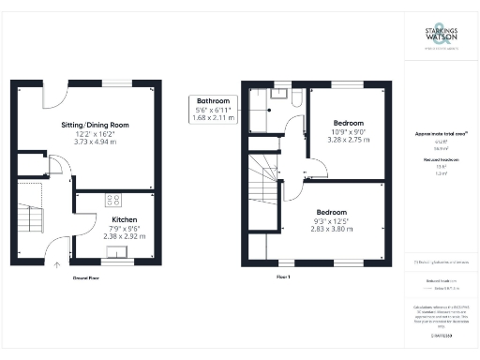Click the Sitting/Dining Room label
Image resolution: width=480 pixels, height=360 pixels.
[x=89, y=125]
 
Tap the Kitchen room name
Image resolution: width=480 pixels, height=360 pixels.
[x=112, y=217]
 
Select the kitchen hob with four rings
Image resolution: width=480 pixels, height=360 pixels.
[x=114, y=199]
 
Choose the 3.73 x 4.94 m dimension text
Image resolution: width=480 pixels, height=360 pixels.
[x=89, y=141]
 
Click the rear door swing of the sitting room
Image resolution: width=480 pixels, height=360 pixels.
[x=55, y=95]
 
